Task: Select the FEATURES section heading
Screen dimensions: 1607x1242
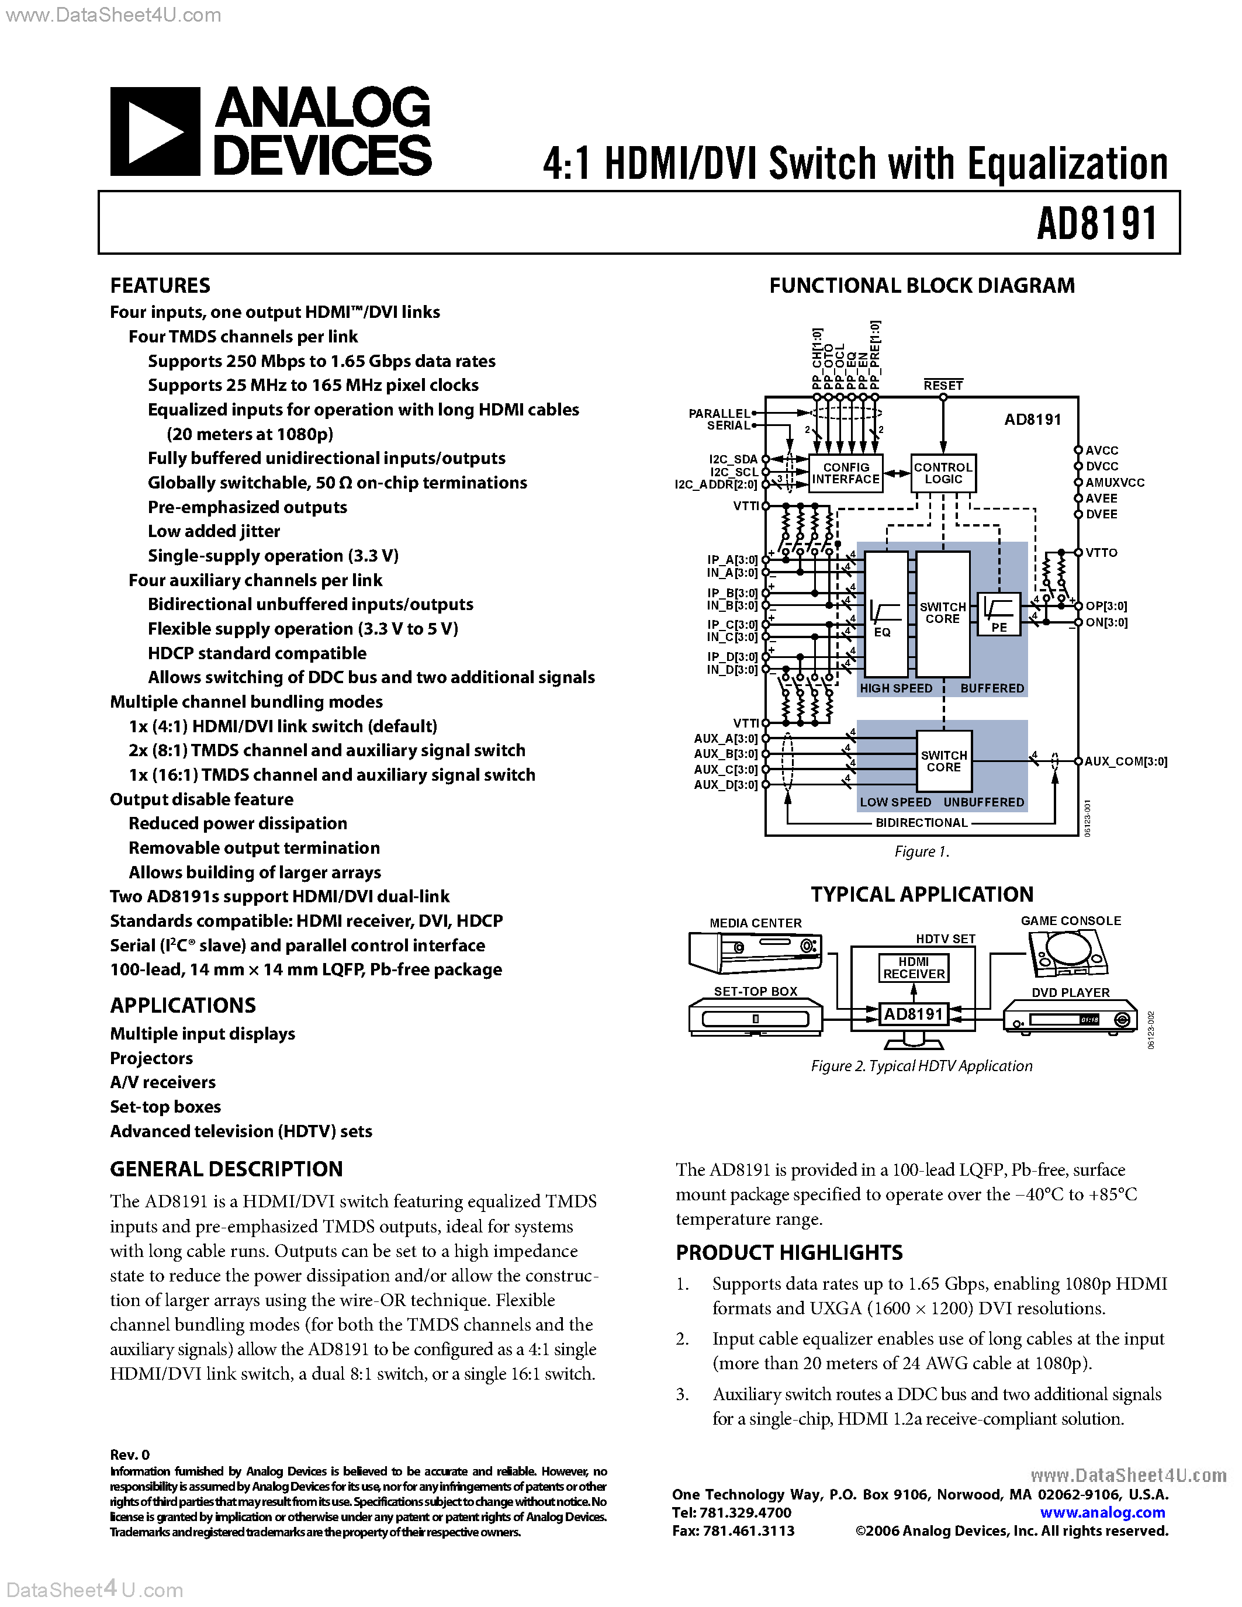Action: pos(160,286)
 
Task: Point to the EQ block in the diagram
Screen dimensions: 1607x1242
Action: pos(885,614)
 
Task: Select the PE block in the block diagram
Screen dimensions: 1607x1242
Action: pos(998,614)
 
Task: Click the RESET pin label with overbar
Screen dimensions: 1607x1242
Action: pos(943,386)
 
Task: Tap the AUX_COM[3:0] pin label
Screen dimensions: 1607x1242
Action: pos(1125,761)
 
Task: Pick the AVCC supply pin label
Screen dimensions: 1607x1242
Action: pos(1102,451)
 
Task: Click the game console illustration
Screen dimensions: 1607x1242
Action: pos(1067,953)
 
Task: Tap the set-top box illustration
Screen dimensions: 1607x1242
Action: pos(756,1017)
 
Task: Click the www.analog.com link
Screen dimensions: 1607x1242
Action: pos(1102,1513)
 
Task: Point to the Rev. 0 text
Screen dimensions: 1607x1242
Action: pos(130,1454)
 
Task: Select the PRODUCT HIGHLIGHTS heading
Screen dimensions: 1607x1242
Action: pos(789,1252)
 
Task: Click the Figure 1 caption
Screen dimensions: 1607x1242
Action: pos(921,851)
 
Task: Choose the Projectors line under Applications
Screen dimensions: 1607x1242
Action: pos(151,1058)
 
